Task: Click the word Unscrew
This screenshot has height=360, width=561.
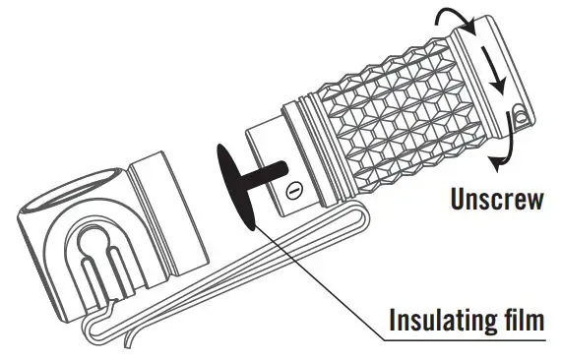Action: pyautogui.click(x=497, y=202)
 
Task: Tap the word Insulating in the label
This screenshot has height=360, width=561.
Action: pyautogui.click(x=432, y=321)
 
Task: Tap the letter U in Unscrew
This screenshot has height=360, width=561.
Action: pyautogui.click(x=458, y=202)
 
